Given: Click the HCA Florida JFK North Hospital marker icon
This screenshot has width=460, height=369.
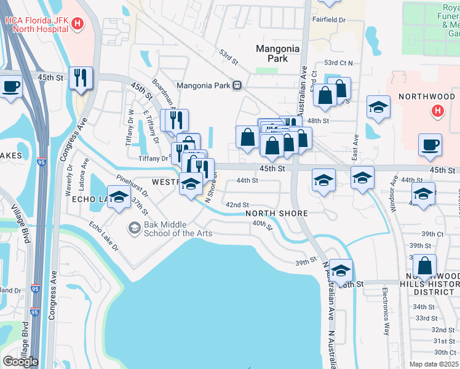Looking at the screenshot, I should pyautogui.click(x=77, y=24).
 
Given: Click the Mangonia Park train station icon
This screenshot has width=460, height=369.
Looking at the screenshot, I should pyautogui.click(x=237, y=85).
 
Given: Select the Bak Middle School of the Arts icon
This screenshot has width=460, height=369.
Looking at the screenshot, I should pyautogui.click(x=133, y=228).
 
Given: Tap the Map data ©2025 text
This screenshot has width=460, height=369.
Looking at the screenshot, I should pyautogui.click(x=434, y=364).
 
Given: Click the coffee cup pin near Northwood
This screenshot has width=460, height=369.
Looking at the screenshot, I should pyautogui.click(x=430, y=145).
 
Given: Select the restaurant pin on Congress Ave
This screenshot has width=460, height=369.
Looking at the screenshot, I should pyautogui.click(x=81, y=78).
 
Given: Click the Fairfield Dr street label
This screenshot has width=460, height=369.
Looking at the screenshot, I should pyautogui.click(x=330, y=20).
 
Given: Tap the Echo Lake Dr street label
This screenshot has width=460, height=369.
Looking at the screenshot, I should pyautogui.click(x=103, y=236).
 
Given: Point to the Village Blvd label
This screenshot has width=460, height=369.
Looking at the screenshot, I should pyautogui.click(x=26, y=229).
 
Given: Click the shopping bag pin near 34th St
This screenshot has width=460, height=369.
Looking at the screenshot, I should pyautogui.click(x=424, y=266).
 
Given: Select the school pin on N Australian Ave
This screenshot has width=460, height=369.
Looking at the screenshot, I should pyautogui.click(x=341, y=270).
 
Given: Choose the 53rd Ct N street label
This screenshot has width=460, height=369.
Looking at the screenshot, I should pyautogui.click(x=338, y=63).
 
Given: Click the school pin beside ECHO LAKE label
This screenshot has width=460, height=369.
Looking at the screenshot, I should pyautogui.click(x=119, y=197).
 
